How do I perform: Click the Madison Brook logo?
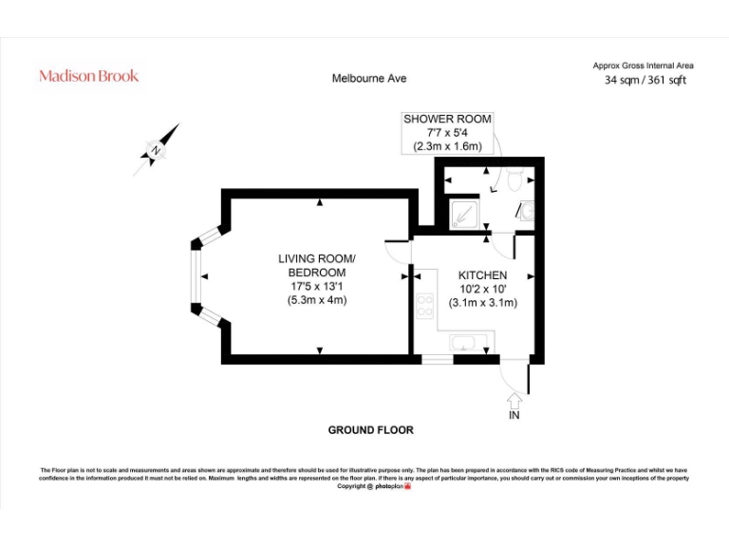tap(88, 76)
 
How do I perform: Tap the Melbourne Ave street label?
tap(369, 79)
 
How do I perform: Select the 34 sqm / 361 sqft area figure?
tap(645, 81)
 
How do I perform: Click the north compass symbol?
tap(158, 149)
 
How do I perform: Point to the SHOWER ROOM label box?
tap(448, 133)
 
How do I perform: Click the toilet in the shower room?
tap(514, 178)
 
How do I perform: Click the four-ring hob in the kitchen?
tap(424, 305)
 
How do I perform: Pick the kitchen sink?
tap(465, 343)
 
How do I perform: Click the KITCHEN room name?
tap(482, 274)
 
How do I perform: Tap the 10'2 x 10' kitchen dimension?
tap(482, 289)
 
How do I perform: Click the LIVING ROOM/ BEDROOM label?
tap(316, 266)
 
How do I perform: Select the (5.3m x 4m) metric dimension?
tap(316, 301)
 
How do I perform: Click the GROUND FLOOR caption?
tap(370, 430)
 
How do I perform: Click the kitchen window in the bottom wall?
tap(437, 360)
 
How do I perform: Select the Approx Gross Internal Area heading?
tap(643, 66)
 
